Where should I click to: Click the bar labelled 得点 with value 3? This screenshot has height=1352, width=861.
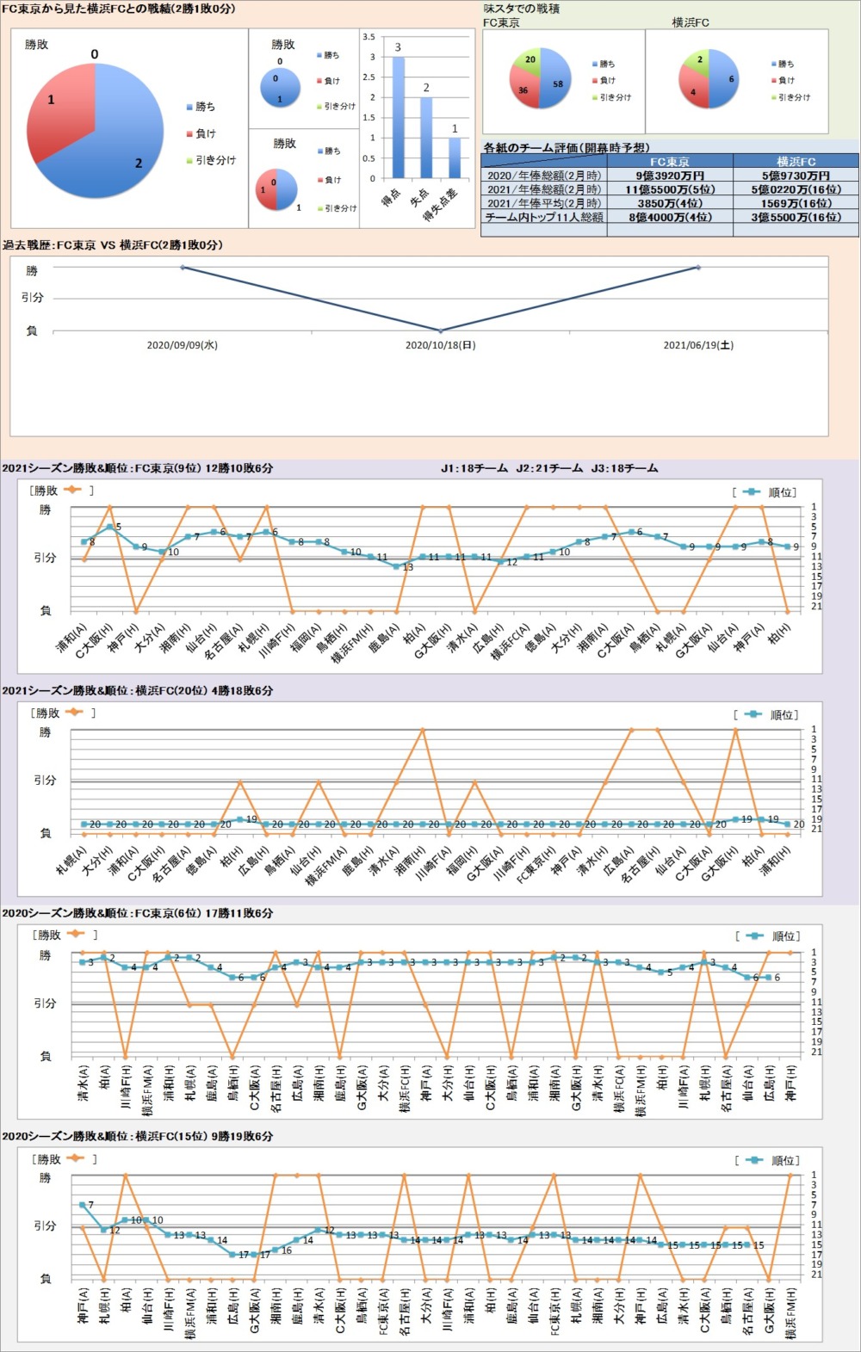click(x=398, y=117)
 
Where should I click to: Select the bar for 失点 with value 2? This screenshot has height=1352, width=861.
click(x=426, y=138)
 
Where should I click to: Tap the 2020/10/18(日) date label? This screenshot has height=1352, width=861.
click(x=440, y=345)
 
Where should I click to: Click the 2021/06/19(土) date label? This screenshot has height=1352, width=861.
click(x=698, y=345)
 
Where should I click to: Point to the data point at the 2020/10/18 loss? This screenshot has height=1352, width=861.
click(x=440, y=330)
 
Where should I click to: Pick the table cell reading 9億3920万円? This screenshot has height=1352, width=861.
click(x=669, y=176)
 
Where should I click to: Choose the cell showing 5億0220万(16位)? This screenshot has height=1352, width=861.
click(x=796, y=189)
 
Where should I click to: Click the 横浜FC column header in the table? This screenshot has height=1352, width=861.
click(x=796, y=161)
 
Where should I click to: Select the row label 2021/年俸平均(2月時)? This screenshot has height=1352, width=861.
click(x=544, y=203)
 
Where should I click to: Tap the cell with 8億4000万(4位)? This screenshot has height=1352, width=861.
click(x=669, y=218)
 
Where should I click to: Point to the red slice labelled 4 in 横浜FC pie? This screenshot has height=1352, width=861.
click(x=695, y=91)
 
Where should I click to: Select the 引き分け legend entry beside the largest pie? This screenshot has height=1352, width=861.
click(x=210, y=160)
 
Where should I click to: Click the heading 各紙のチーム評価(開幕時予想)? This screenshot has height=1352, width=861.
click(x=567, y=148)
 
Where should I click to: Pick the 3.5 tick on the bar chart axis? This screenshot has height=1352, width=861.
click(x=369, y=37)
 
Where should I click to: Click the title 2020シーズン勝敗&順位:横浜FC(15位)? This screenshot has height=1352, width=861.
click(x=138, y=1136)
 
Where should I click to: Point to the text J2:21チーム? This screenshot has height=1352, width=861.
click(x=549, y=468)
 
